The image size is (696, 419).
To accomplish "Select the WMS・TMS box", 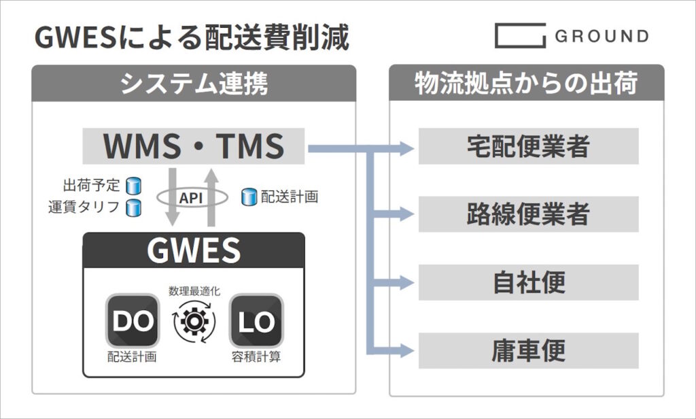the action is (x=194, y=146).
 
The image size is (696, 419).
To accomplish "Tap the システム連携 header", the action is (x=194, y=83).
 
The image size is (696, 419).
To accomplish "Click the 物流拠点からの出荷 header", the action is (x=527, y=83).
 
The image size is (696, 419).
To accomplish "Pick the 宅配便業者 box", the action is (x=528, y=146).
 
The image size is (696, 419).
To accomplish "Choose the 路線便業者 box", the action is (x=528, y=214).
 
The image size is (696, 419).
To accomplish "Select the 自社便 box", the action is (x=528, y=282).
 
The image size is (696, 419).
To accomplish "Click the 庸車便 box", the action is (x=528, y=351).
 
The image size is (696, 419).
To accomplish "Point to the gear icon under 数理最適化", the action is (x=194, y=322).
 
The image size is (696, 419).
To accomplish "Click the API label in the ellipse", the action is (x=191, y=198).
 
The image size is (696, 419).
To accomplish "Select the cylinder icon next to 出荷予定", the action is (x=133, y=186).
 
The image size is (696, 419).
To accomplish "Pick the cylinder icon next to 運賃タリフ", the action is (x=133, y=208).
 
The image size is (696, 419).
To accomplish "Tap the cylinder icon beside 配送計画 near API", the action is (x=249, y=197).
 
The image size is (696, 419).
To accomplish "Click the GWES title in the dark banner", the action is (x=194, y=250).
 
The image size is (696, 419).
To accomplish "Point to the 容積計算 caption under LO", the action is (x=256, y=357).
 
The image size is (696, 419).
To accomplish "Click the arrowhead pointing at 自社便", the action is (x=406, y=282).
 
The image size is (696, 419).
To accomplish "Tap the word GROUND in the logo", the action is (x=602, y=36).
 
